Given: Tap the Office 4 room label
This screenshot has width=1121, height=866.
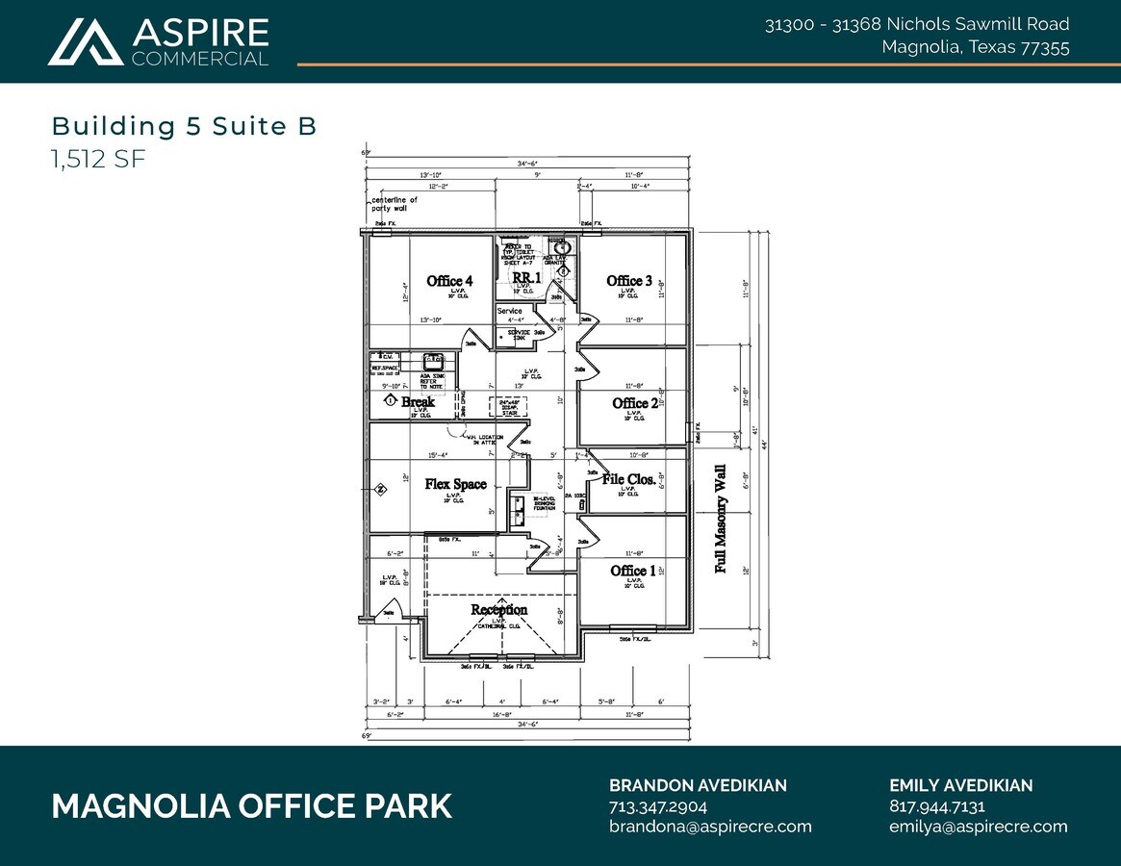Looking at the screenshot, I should pyautogui.click(x=449, y=281).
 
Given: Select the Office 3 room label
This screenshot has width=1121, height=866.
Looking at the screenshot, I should pyautogui.click(x=629, y=281).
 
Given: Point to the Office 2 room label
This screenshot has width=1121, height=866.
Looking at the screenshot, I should pyautogui.click(x=635, y=403).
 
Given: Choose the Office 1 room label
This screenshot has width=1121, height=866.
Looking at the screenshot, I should pyautogui.click(x=633, y=571).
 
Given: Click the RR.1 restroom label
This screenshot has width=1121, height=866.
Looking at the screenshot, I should pyautogui.click(x=526, y=277).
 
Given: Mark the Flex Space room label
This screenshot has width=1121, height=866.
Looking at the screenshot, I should pyautogui.click(x=455, y=484).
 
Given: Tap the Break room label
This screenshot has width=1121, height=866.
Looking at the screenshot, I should pyautogui.click(x=418, y=401).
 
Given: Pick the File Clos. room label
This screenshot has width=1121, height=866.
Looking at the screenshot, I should pyautogui.click(x=629, y=478).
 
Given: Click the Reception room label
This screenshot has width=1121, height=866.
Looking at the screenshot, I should pyautogui.click(x=498, y=609).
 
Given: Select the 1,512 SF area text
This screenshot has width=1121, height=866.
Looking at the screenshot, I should pyautogui.click(x=98, y=159).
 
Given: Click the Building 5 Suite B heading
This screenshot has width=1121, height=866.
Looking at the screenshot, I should pyautogui.click(x=184, y=126).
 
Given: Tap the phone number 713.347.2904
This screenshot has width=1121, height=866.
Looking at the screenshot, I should pyautogui.click(x=658, y=806).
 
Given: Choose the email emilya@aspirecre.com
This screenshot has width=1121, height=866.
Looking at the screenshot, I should pyautogui.click(x=978, y=827).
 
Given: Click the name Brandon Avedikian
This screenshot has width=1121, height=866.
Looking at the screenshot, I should pyautogui.click(x=698, y=785).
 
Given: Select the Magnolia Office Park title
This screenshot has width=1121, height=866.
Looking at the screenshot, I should pyautogui.click(x=251, y=806).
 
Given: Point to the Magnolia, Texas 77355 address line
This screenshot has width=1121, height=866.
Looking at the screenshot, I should pyautogui.click(x=975, y=47).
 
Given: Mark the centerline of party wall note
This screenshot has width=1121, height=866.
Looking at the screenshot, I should pyautogui.click(x=395, y=204).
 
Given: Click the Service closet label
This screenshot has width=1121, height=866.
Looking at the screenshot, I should pyautogui.click(x=510, y=311).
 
